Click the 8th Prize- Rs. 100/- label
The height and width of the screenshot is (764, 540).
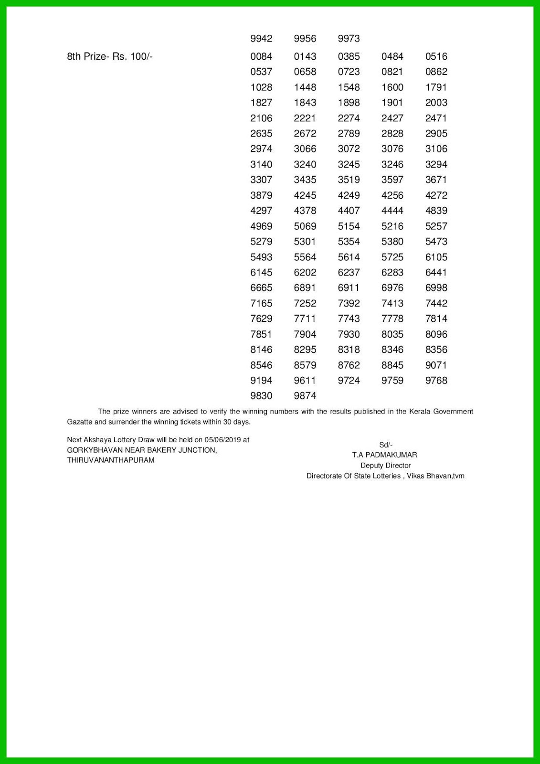109,56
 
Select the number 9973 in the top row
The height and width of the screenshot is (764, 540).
349,39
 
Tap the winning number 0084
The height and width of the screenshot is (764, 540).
261,56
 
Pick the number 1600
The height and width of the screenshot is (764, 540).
392,87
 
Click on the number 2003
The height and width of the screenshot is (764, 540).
436,103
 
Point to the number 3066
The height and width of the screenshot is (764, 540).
305,149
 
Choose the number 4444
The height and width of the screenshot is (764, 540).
392,211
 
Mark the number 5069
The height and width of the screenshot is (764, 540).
305,226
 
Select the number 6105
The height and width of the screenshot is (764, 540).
436,257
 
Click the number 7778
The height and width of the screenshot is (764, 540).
392,318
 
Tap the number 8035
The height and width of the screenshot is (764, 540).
392,334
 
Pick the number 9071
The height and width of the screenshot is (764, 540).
436,365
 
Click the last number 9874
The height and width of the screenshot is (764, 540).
305,396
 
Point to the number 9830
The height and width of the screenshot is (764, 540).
261,396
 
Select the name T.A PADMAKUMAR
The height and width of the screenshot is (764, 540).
384,455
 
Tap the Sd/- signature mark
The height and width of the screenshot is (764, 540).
385,445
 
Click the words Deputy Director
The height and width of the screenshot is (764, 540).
385,466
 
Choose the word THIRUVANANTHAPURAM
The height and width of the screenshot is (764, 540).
110,460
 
